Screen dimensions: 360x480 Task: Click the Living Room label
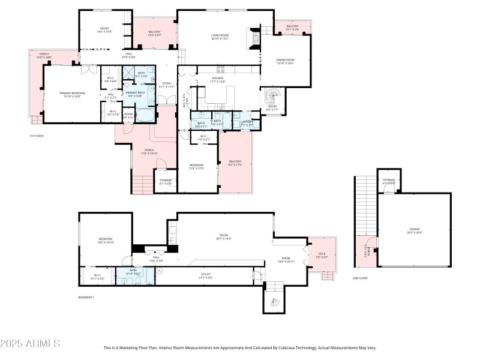[x=220, y=37]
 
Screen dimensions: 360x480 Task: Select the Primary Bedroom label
[x=72, y=94]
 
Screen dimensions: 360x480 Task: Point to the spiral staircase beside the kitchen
[x=274, y=96]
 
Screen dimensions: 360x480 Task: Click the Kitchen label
[x=217, y=80]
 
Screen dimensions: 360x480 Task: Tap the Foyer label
[x=166, y=85]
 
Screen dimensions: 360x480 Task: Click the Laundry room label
[x=247, y=123]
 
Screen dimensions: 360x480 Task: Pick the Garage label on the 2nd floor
[x=415, y=230]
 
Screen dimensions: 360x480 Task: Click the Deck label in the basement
[x=322, y=256]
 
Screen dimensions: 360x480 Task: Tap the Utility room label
[x=206, y=276]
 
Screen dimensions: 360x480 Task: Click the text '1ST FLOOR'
[x=37, y=136]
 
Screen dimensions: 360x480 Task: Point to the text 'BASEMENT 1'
[x=86, y=297]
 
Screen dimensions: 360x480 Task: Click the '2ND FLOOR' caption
[x=360, y=278]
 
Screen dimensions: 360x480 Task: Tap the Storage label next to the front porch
[x=166, y=181]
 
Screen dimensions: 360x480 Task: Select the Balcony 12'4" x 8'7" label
[x=154, y=34]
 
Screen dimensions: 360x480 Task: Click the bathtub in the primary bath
[x=145, y=115]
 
